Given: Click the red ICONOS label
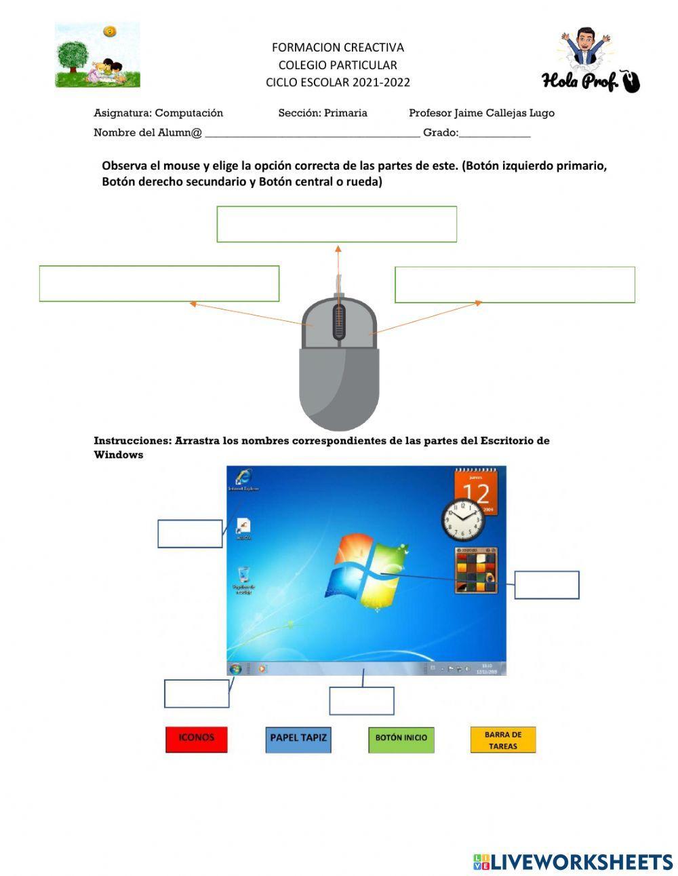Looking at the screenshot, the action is [x=196, y=739].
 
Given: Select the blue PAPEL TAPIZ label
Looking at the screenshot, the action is [x=298, y=739].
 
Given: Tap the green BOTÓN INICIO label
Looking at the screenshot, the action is [x=401, y=739].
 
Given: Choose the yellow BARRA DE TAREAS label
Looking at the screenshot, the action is [x=502, y=740].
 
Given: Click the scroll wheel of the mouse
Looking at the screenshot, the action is [x=339, y=322].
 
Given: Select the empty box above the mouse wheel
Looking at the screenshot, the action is [x=336, y=224].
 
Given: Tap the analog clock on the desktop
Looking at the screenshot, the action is [x=464, y=520].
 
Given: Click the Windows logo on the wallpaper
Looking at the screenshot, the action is [x=366, y=572].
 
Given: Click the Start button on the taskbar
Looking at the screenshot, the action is [x=235, y=669].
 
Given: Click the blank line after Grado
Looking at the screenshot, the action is [x=494, y=133].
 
